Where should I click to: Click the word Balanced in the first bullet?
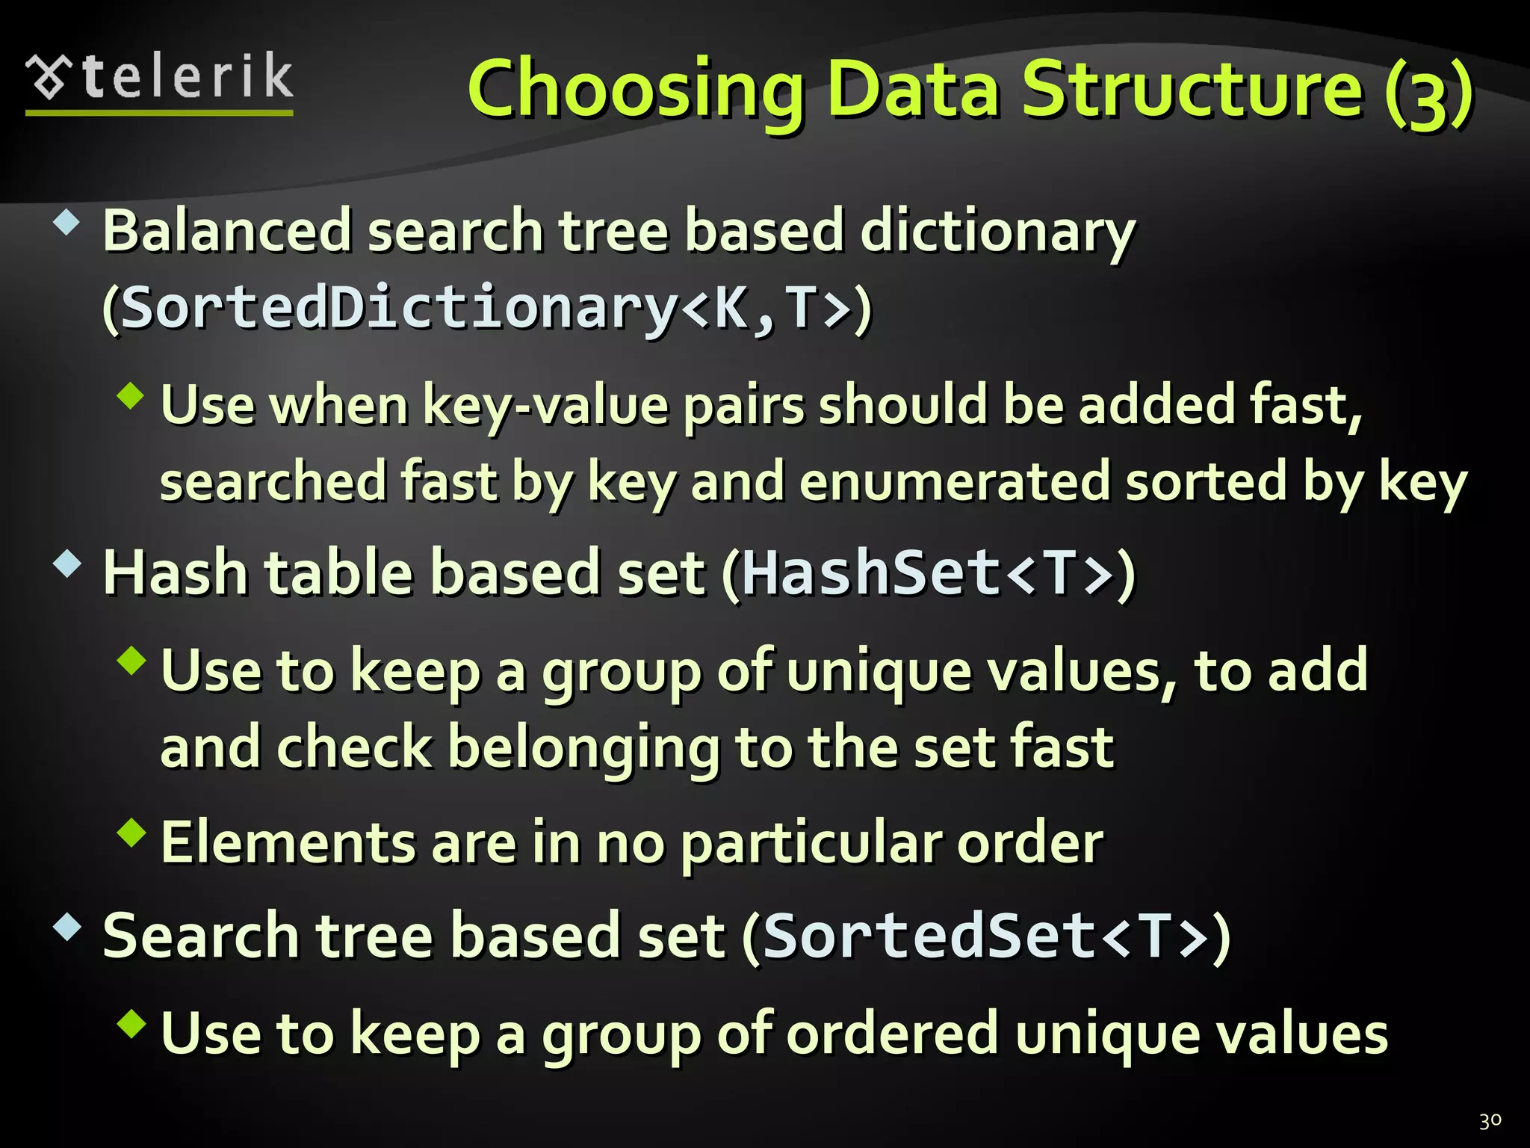pyautogui.click(x=226, y=232)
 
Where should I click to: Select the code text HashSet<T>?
pyautogui.click(x=928, y=574)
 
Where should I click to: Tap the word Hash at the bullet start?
pyautogui.click(x=175, y=574)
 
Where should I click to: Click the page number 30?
pyautogui.click(x=1490, y=1120)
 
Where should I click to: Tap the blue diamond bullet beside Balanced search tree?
pyautogui.click(x=67, y=223)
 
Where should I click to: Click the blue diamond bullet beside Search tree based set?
pyautogui.click(x=67, y=928)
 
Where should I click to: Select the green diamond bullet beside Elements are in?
pyautogui.click(x=131, y=833)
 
